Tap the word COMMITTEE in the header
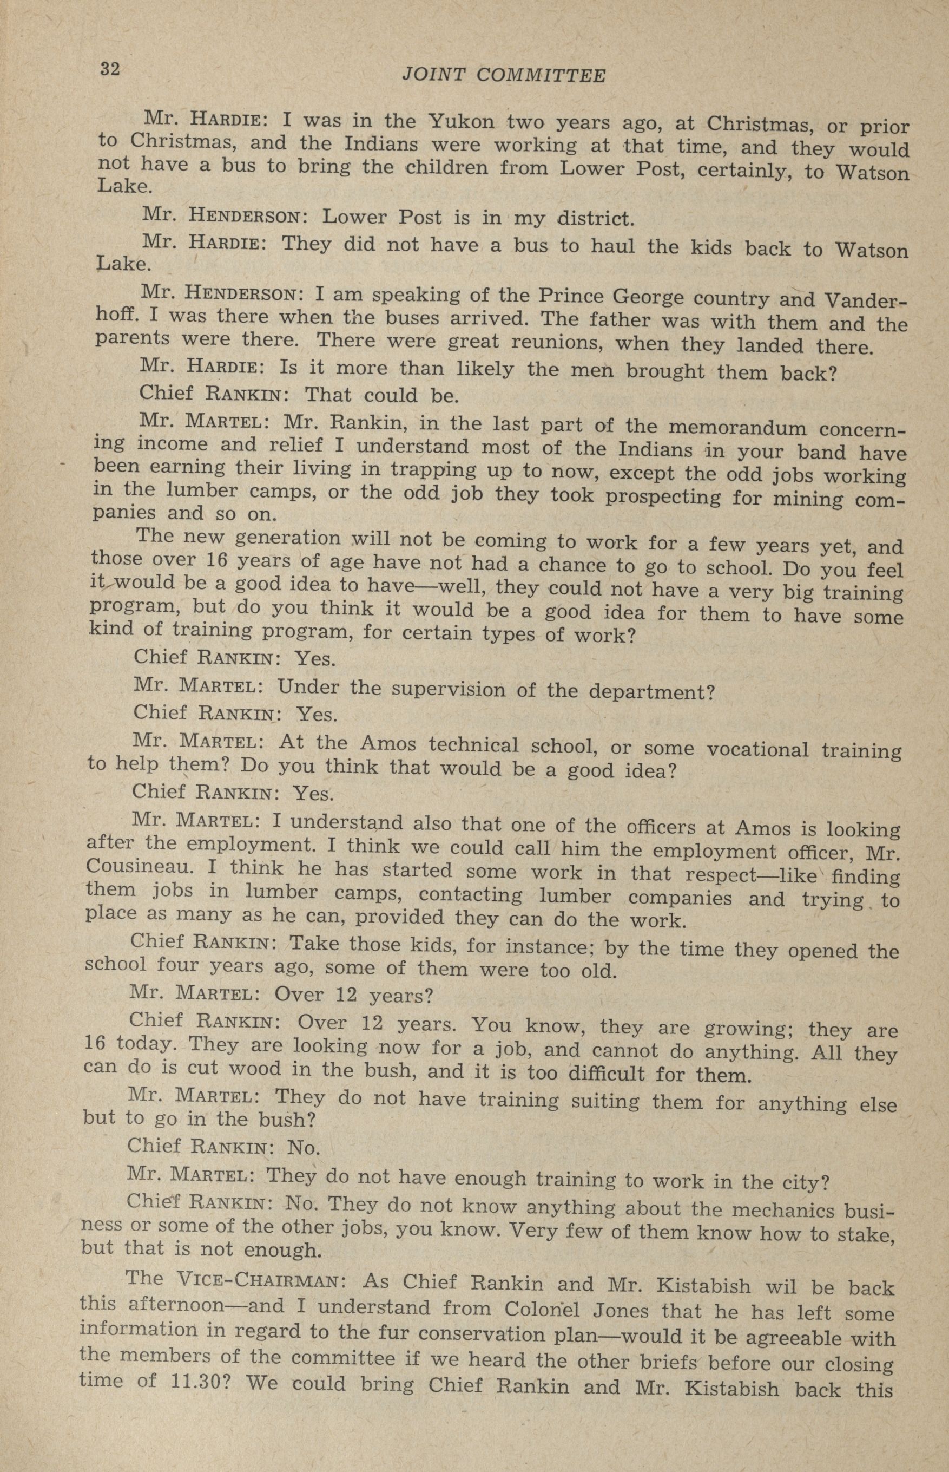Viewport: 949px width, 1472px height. pos(542,76)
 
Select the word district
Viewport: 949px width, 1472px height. pos(595,218)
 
